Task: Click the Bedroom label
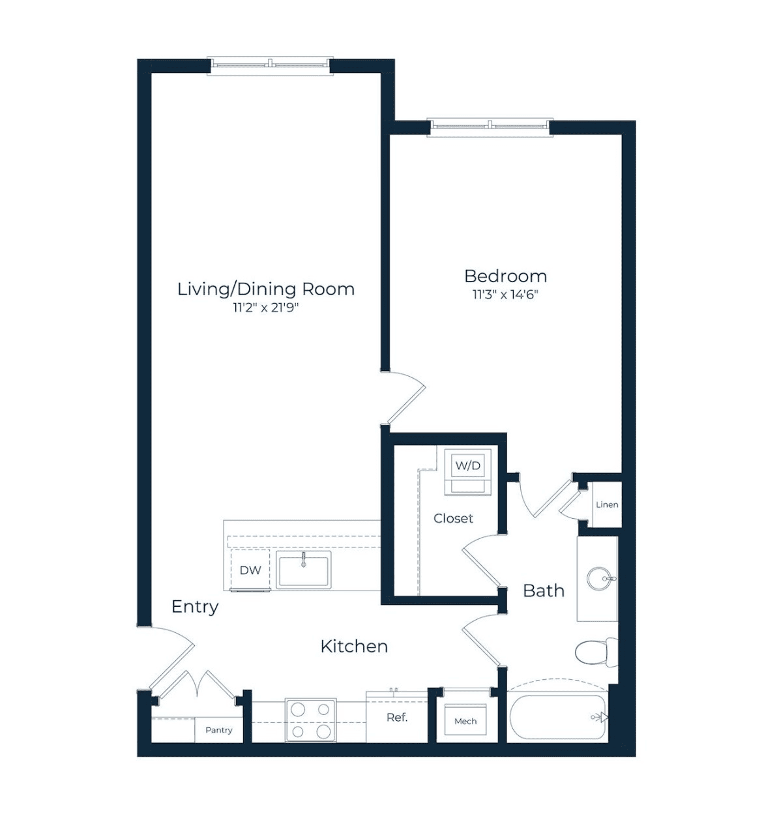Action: click(x=505, y=276)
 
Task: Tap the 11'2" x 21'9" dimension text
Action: click(x=265, y=308)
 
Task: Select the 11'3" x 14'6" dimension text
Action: click(x=505, y=295)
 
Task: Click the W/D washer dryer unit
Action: click(x=467, y=471)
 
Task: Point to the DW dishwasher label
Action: click(x=250, y=570)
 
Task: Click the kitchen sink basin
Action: click(x=303, y=570)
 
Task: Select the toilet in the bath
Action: click(x=596, y=652)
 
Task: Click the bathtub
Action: click(x=558, y=718)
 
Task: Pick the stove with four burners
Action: click(x=311, y=720)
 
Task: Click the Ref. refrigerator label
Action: click(x=397, y=718)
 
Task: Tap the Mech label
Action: click(x=465, y=721)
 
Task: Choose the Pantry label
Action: click(x=218, y=730)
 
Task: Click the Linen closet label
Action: click(x=607, y=504)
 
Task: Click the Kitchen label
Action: click(x=354, y=647)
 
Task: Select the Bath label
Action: click(x=543, y=591)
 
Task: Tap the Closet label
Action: click(x=453, y=519)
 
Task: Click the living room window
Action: click(x=270, y=66)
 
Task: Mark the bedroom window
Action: click(x=490, y=127)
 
